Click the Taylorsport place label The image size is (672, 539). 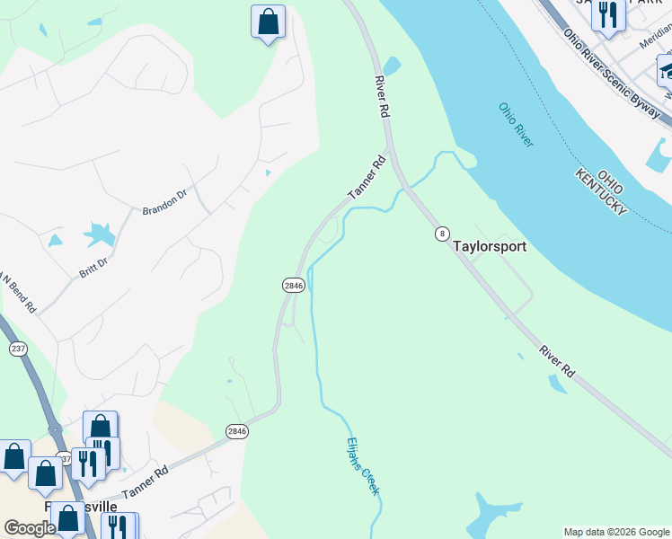pyautogui.click(x=489, y=245)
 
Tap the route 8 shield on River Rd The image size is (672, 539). pyautogui.click(x=442, y=234)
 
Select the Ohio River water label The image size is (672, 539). pyautogui.click(x=517, y=125)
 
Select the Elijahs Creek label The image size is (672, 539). pyautogui.click(x=364, y=466)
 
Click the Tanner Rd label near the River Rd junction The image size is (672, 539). pyautogui.click(x=367, y=178)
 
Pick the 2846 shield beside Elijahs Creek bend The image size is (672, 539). pyautogui.click(x=294, y=285)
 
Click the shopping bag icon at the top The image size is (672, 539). pyautogui.click(x=268, y=22)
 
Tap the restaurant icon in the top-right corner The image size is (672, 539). pyautogui.click(x=608, y=15)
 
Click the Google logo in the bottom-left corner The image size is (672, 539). pyautogui.click(x=30, y=528)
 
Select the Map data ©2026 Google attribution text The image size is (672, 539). pyautogui.click(x=615, y=532)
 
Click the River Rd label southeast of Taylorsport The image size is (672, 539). pyautogui.click(x=556, y=359)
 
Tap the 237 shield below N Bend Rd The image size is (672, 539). pyautogui.click(x=17, y=348)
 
